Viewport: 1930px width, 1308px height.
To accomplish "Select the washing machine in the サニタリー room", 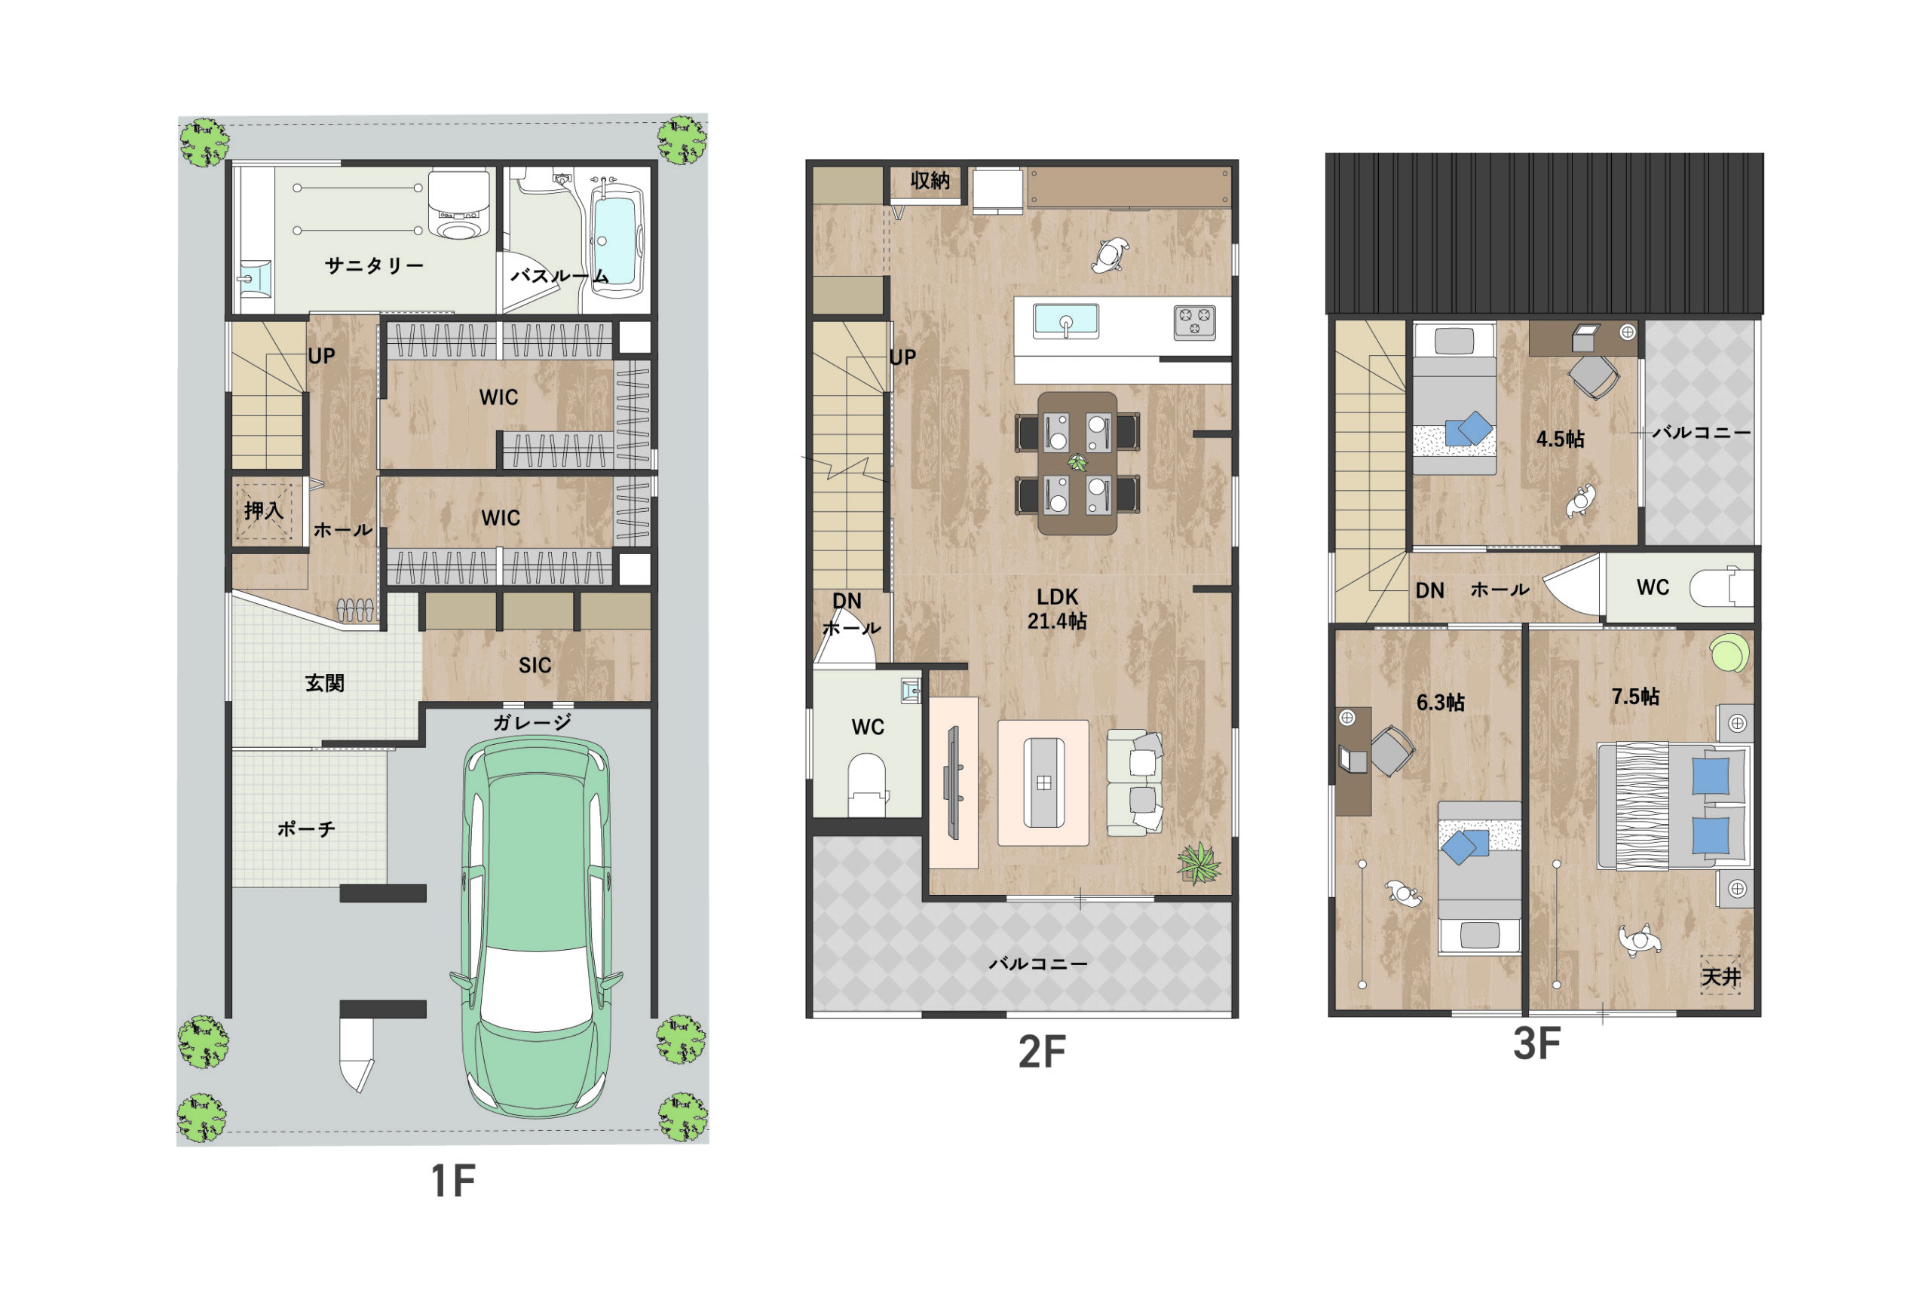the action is tap(457, 205).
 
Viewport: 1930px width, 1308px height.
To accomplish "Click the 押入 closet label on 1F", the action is tap(263, 510).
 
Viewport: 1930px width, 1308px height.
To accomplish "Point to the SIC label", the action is tap(534, 665).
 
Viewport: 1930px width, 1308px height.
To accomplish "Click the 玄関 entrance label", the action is tap(324, 683).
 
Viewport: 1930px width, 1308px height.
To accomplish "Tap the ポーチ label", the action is tap(305, 828).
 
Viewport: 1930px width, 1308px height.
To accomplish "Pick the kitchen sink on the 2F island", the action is tap(1065, 321).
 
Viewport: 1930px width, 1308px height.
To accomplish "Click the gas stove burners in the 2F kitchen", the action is tap(1194, 322).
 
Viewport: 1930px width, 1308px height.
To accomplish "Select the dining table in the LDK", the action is tap(1077, 464).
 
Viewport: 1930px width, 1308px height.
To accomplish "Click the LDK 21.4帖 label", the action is tap(1057, 608).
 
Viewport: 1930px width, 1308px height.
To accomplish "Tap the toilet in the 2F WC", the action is tap(867, 784).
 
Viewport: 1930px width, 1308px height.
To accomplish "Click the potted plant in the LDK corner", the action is tap(1199, 863).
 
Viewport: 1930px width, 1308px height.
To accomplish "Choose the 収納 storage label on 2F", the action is tap(930, 179).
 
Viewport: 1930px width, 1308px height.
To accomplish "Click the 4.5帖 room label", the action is tap(1560, 438).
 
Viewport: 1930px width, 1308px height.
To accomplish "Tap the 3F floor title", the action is tap(1536, 1044).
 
